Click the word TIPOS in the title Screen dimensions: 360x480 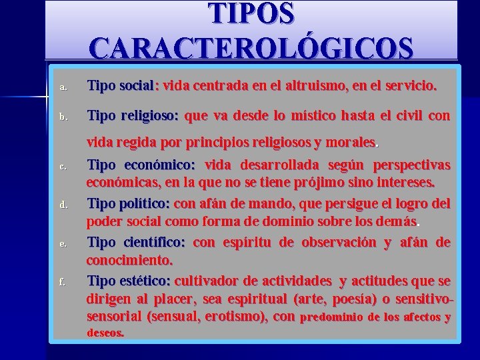coord(251,14)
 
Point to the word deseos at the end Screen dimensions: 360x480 coord(105,332)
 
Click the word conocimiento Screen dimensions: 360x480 coord(129,258)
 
